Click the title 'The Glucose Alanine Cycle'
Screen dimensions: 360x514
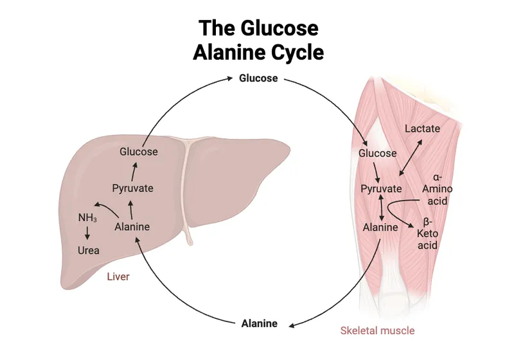tap(258, 40)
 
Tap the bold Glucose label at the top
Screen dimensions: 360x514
tap(258, 78)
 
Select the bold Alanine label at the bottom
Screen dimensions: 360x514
tap(259, 323)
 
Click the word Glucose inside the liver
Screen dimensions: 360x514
tap(139, 152)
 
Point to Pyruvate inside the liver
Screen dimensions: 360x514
tap(132, 188)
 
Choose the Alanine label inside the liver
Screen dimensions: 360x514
tap(132, 226)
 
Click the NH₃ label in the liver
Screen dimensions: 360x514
tap(87, 218)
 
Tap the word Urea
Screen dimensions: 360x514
tap(88, 250)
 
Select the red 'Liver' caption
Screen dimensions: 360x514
tap(118, 277)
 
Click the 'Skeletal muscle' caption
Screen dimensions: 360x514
tap(377, 330)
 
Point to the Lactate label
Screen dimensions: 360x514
tap(422, 129)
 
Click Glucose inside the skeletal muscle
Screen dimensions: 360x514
tap(377, 154)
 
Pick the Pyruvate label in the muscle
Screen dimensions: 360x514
tap(381, 189)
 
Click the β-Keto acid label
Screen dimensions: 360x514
tap(428, 234)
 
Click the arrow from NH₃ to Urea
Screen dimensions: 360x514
tap(87, 234)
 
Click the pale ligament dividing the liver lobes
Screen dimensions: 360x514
tap(186, 193)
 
